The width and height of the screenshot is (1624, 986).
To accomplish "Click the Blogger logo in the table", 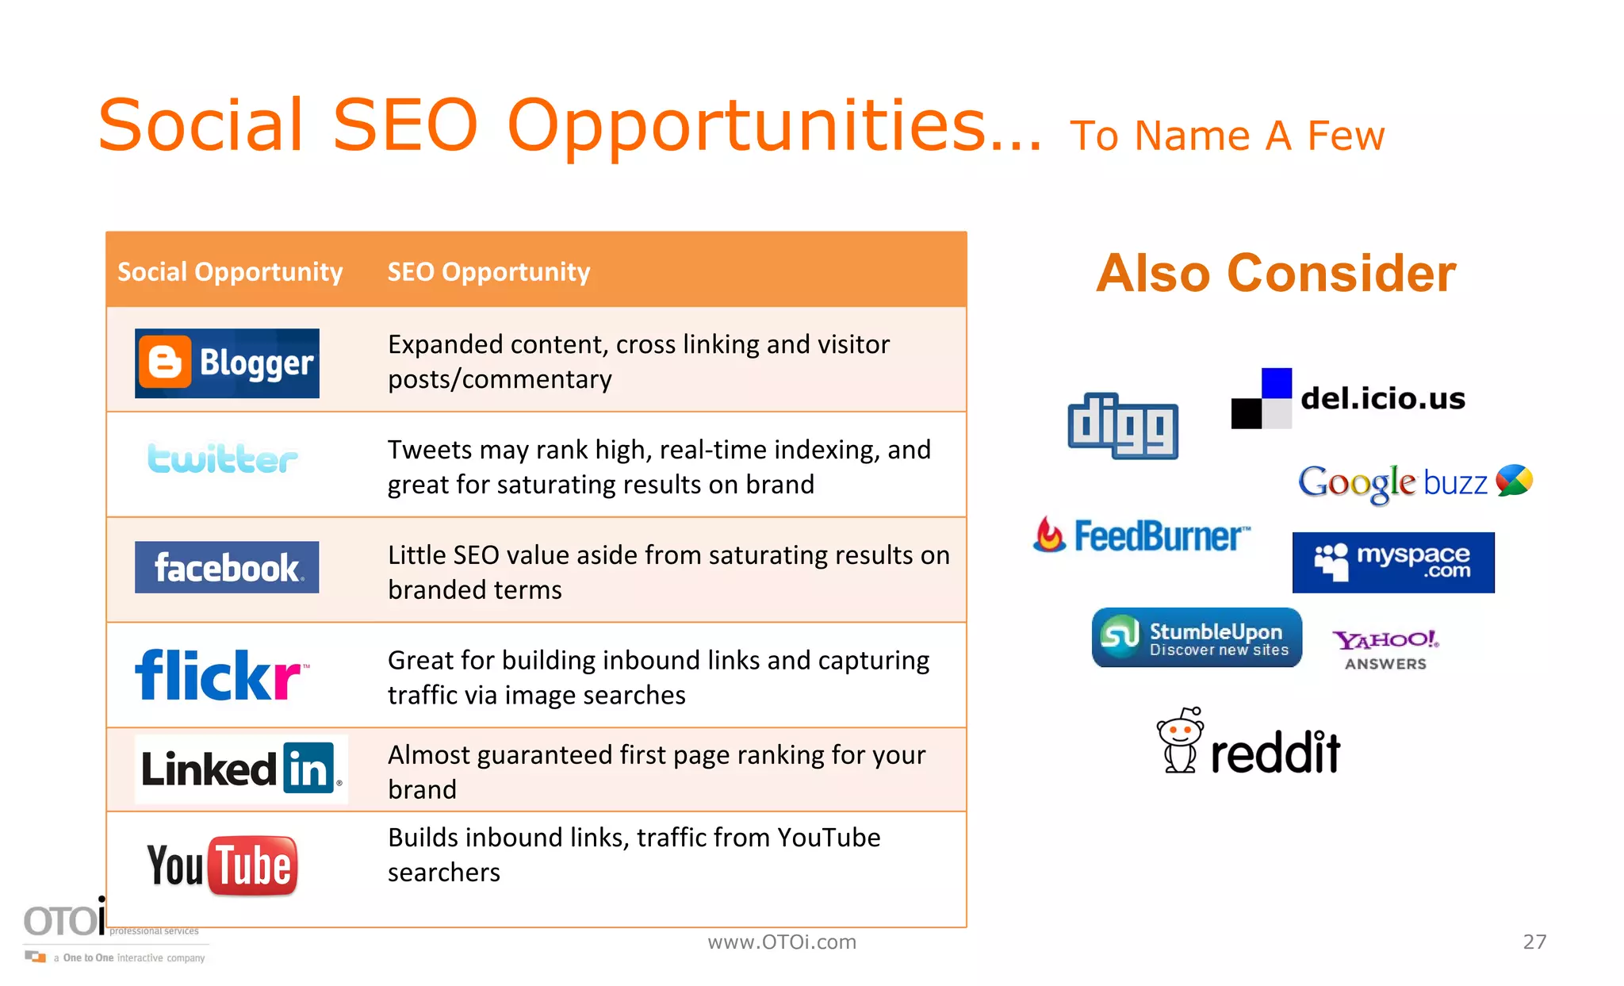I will pos(227,363).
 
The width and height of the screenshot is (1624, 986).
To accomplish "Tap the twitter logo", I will pos(222,458).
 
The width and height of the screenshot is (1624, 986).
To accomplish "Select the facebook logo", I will pos(227,567).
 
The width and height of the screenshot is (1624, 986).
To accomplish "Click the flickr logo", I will pos(220,675).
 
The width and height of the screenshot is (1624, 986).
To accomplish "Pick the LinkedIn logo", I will pos(241,769).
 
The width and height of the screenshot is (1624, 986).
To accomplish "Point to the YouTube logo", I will pos(222,865).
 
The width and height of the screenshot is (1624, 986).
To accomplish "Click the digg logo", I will pos(1122,426).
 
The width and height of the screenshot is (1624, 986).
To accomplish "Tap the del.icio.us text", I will pos(1383,398).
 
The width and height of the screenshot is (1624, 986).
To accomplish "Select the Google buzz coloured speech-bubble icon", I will pos(1514,480).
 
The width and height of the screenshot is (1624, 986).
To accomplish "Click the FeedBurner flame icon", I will pos(1049,535).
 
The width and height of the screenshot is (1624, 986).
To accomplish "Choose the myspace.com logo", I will pos(1393,562).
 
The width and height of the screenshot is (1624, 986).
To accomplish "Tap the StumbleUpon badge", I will pos(1197,638).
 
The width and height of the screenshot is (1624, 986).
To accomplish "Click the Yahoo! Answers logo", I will pos(1385,650).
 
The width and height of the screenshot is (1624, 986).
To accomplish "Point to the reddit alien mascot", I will pos(1180,740).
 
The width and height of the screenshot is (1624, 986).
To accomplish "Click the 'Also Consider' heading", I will pos(1276,274).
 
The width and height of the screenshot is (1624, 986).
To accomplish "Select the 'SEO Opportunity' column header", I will pos(488,272).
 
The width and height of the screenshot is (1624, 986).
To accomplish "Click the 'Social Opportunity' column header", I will pos(230,272).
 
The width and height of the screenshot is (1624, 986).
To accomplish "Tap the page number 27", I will pos(1534,942).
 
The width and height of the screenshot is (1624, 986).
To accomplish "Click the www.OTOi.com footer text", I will pos(782,942).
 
